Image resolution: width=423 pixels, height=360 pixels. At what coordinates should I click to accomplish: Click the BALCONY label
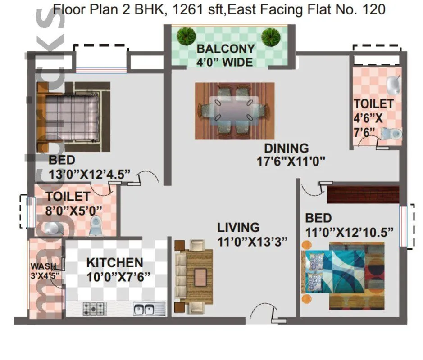225,49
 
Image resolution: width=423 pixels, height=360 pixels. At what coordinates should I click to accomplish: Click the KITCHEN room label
114,262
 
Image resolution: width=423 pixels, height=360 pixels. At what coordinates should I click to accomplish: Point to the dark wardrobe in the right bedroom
363,194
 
